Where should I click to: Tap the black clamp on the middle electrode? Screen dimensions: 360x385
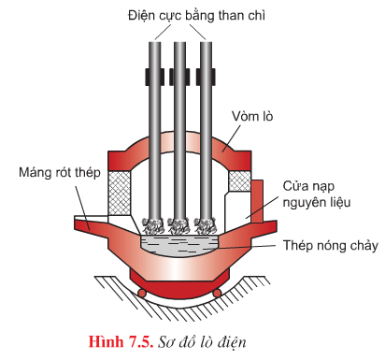(179, 73)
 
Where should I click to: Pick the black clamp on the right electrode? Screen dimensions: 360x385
(207, 73)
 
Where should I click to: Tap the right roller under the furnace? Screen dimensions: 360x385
(218, 293)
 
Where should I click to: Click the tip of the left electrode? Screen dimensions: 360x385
(151, 225)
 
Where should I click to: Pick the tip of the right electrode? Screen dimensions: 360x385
(207, 225)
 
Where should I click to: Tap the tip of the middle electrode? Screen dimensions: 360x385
(179, 225)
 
